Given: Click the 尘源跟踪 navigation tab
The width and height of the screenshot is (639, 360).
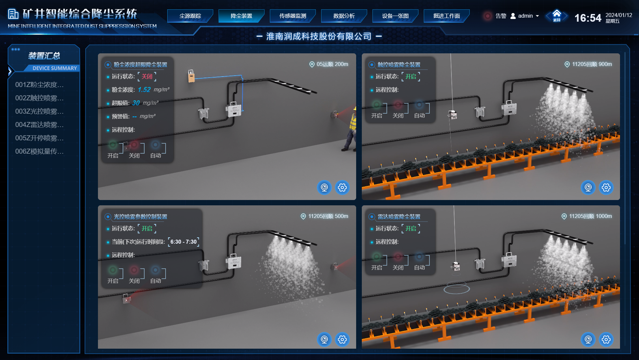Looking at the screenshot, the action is (x=190, y=16).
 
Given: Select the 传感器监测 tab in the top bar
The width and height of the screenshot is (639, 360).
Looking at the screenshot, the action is (x=293, y=16).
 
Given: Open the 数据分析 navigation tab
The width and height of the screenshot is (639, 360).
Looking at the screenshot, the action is (x=344, y=16).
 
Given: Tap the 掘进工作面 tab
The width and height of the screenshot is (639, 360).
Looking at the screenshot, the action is (x=446, y=16).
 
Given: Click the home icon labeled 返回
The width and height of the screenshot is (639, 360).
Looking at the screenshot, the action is (x=557, y=16).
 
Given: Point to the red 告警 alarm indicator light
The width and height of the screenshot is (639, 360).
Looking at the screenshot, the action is (x=487, y=16).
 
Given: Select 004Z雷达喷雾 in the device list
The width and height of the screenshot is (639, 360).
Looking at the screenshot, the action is (x=39, y=125).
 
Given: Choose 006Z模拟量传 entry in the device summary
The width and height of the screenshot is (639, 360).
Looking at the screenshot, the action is (x=39, y=151).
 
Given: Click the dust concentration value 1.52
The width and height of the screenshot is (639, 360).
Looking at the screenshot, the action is (x=144, y=89).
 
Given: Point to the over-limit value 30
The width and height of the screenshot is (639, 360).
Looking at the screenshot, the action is (x=136, y=103).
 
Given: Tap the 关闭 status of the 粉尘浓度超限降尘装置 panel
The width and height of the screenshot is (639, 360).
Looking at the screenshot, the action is (x=147, y=76).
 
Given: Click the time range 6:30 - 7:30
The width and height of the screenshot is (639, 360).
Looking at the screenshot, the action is (x=184, y=242).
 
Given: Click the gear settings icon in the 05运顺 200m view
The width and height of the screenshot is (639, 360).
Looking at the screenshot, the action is (x=342, y=188).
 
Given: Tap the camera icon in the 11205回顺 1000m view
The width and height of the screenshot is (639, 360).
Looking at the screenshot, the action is (x=588, y=339).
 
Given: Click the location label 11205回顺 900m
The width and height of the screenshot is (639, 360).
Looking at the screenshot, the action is (x=588, y=64).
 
